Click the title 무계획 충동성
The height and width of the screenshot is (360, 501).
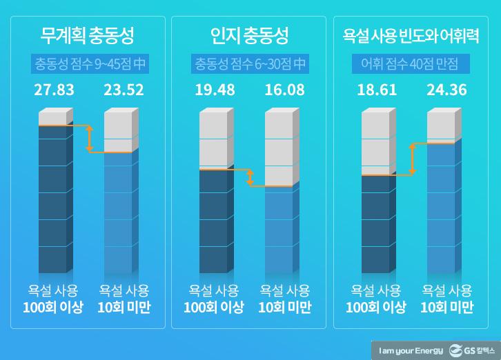tap(88, 34)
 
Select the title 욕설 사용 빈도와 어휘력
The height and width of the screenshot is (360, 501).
tap(412, 34)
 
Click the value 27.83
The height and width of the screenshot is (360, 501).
tap(55, 90)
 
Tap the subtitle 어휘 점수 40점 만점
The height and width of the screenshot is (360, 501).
tap(412, 64)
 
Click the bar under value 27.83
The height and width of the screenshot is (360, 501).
tap(55, 193)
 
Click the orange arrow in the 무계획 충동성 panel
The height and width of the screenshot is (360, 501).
tap(88, 139)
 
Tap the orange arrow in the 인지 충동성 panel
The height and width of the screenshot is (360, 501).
tap(250, 177)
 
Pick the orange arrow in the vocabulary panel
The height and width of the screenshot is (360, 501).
tap(412, 159)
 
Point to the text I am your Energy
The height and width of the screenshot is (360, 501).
tap(410, 350)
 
